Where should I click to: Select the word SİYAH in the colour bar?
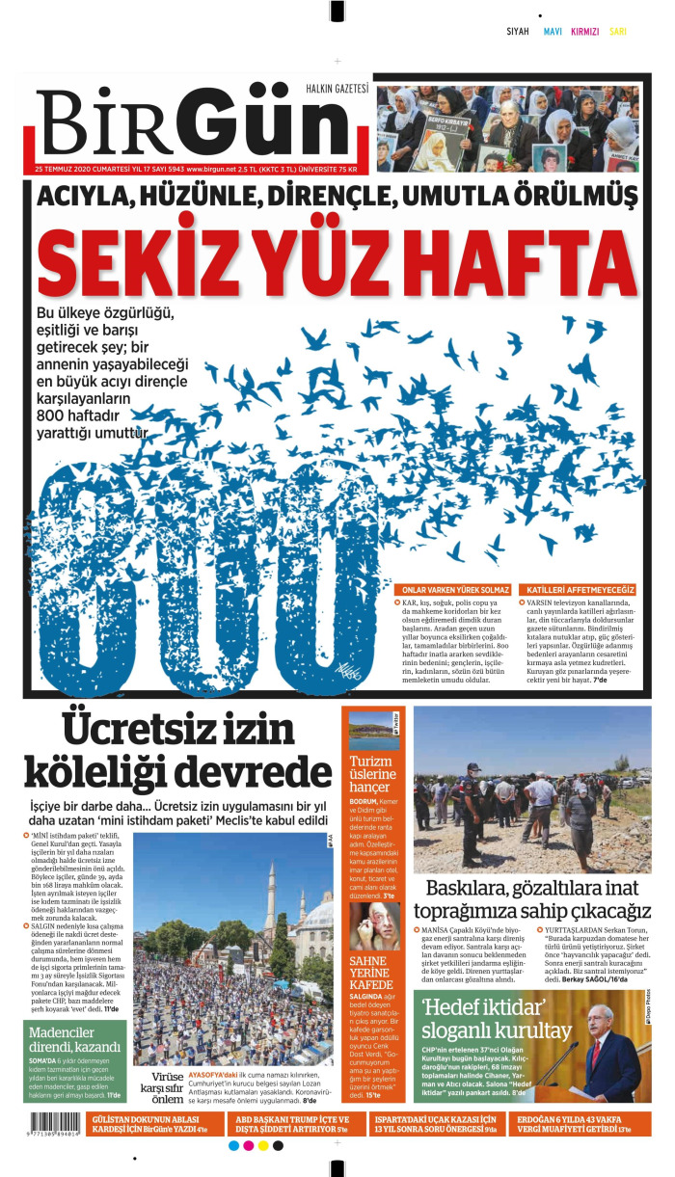pos(518,32)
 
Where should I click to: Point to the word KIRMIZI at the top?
pos(584,32)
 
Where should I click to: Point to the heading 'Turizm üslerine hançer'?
pos(372,773)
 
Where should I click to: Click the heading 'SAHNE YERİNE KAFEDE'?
pos(371,973)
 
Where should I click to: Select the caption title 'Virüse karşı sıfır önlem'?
pos(155,1087)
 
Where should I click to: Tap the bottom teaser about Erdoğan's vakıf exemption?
pos(584,1123)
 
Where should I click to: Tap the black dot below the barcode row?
pos(278,1146)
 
